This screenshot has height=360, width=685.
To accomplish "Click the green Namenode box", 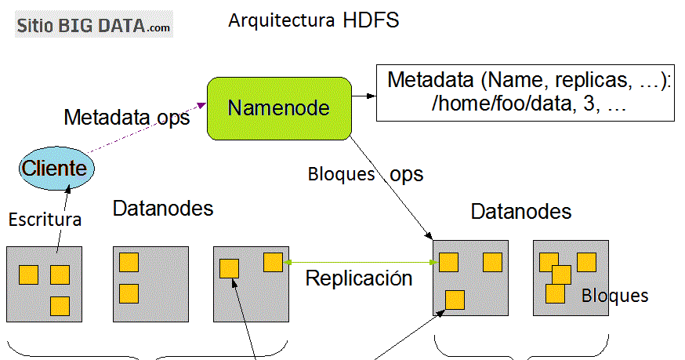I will click(278, 107).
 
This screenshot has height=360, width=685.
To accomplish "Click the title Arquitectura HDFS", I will click(314, 20).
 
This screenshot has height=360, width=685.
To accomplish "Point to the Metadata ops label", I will click(126, 118).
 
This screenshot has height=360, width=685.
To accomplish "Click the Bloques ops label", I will click(365, 174).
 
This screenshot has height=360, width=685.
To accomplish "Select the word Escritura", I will click(45, 220).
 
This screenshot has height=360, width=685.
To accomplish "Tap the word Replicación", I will click(358, 278).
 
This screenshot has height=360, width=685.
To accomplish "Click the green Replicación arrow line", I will click(361, 262).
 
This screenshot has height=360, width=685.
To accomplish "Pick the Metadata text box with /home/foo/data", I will click(525, 93).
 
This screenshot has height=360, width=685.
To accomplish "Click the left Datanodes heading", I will click(163, 209).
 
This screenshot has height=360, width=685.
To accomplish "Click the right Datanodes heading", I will click(521, 211).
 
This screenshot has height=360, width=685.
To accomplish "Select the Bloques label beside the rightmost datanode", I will click(615, 296).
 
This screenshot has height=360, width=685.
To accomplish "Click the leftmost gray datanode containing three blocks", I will click(45, 283).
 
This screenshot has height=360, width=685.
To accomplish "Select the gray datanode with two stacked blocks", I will click(150, 283).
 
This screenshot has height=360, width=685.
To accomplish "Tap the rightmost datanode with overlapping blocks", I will click(570, 278).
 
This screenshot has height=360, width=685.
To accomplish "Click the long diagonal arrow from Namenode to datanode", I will click(389, 186).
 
